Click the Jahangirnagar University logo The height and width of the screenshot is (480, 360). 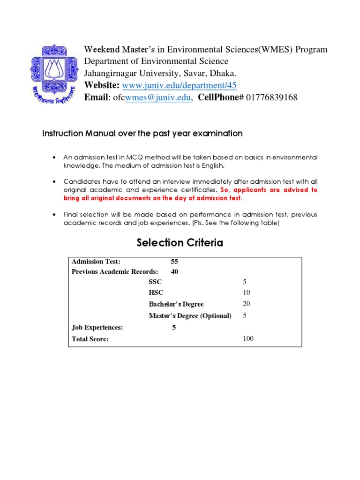54,75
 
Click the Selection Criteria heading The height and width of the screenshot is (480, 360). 180,243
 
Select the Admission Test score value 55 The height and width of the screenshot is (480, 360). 175,262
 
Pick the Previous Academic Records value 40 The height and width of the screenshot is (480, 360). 175,271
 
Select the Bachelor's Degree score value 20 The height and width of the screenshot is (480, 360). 247,304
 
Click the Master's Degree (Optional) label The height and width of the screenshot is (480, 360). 190,316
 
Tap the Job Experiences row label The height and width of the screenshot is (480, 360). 97,328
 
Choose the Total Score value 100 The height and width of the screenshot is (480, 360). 248,338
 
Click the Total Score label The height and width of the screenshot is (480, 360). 90,339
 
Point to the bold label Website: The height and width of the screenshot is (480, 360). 101,85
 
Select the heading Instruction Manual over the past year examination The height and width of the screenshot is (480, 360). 142,134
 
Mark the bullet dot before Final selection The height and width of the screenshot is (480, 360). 55,215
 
